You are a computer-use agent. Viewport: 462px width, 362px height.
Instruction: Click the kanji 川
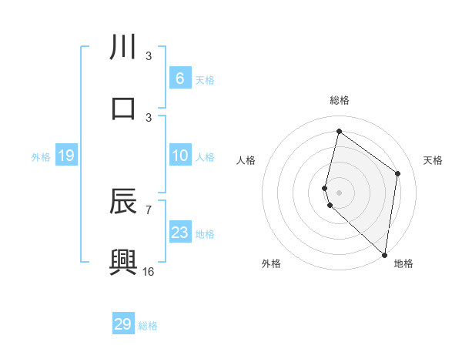coord(123,48)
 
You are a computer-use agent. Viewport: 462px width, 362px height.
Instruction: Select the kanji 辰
coord(123,203)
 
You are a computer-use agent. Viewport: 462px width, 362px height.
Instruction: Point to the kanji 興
coord(123,262)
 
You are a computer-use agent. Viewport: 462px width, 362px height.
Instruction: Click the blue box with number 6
coord(179,78)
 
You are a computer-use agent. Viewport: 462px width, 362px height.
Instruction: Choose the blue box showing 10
coord(179,156)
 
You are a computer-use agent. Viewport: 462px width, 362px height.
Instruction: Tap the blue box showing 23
coord(179,233)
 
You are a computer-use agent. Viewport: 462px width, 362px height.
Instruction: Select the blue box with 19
coord(66,156)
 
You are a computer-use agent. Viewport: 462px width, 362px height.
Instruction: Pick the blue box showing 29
coord(123,323)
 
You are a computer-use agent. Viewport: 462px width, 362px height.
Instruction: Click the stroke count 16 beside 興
coord(149,271)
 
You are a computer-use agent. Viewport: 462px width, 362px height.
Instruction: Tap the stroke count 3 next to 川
coord(149,56)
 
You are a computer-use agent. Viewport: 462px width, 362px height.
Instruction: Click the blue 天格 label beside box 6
coord(205,79)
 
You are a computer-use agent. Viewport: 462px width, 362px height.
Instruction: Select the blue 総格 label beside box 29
coord(148,325)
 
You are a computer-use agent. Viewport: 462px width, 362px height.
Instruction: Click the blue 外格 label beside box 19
coord(41,157)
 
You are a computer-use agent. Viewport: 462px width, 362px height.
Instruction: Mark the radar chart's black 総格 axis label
coord(339,101)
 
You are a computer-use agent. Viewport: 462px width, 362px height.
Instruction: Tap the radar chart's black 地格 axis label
coord(403,263)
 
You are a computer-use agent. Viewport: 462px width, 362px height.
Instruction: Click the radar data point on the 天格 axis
coord(397,173)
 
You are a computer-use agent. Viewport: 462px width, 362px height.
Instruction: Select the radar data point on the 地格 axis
coord(384,254)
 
